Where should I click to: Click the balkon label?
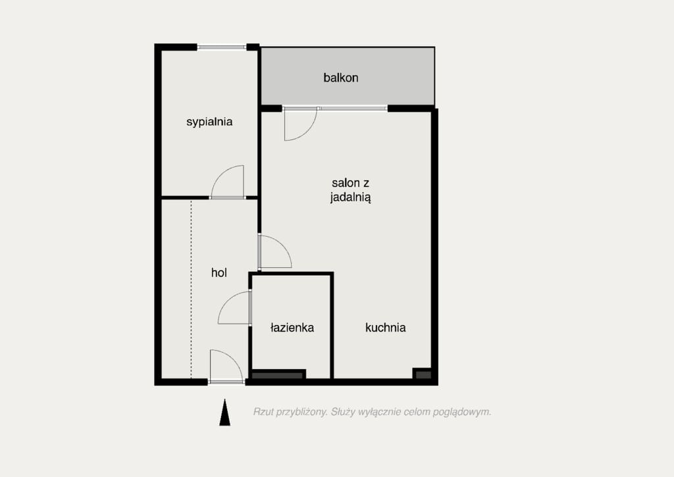[x=340, y=78]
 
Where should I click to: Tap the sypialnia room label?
[x=209, y=122]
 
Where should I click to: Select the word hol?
[x=219, y=272]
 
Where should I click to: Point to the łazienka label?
[x=292, y=328]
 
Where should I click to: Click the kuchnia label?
[x=385, y=328]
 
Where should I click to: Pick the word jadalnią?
[x=350, y=197]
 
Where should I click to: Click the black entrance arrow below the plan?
[x=224, y=412]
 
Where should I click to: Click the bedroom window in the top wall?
[x=222, y=47]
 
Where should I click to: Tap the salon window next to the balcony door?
[x=353, y=109]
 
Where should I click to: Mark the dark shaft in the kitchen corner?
[x=423, y=374]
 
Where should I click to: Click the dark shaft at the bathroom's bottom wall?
[x=278, y=375]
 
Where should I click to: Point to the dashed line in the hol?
[x=192, y=289]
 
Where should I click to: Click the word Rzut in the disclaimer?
[x=263, y=412]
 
